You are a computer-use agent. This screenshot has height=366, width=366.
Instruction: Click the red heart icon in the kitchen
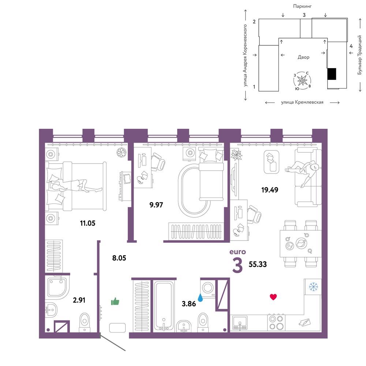(x=273, y=297)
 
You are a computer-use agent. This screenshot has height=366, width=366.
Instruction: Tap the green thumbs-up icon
(x=115, y=302)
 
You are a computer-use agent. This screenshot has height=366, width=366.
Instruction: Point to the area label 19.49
(x=270, y=190)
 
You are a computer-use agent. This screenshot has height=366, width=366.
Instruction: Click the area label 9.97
(x=156, y=205)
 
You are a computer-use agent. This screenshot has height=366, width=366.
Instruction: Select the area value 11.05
(x=87, y=223)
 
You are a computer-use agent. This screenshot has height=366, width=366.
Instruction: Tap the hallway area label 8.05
(x=119, y=258)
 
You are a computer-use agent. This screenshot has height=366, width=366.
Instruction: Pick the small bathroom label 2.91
(x=79, y=300)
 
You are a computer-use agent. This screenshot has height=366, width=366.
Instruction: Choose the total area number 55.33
(x=258, y=264)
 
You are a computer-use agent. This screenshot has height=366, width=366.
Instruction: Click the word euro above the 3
(x=238, y=252)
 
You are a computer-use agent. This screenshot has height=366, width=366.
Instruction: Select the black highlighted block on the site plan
(x=332, y=74)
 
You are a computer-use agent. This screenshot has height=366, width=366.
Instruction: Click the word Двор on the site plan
(x=303, y=57)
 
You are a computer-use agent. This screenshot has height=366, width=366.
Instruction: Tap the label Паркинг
(x=302, y=6)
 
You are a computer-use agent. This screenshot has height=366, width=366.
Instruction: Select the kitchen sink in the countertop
(x=240, y=322)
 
